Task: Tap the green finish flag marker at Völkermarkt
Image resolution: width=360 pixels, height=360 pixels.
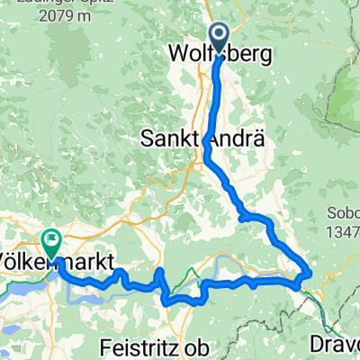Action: (x=50, y=241)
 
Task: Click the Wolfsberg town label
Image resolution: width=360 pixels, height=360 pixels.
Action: (x=220, y=55)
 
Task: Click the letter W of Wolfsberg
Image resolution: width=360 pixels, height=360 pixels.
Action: (x=178, y=55)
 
